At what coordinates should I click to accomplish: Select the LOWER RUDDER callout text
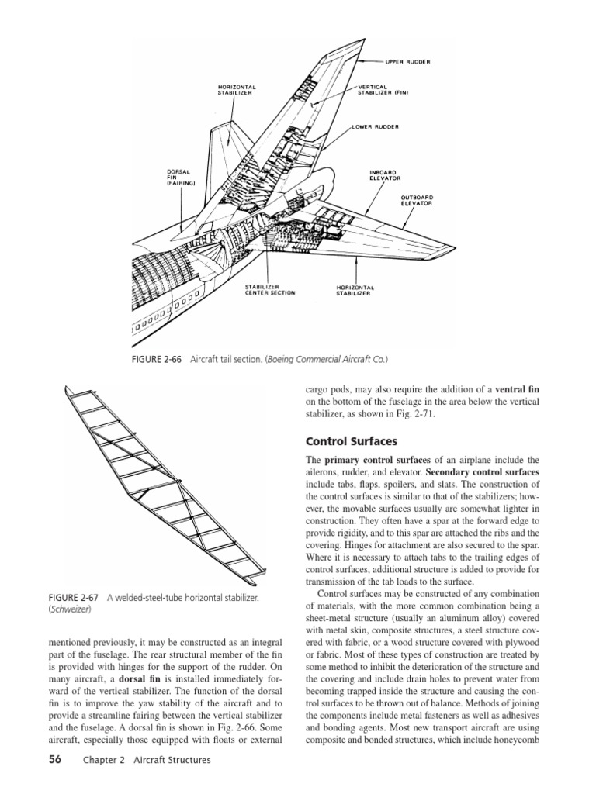click(376, 126)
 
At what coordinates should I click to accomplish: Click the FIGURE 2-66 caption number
click(160, 360)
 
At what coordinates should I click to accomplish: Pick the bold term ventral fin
click(517, 388)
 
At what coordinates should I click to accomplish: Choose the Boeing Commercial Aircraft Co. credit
click(327, 360)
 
